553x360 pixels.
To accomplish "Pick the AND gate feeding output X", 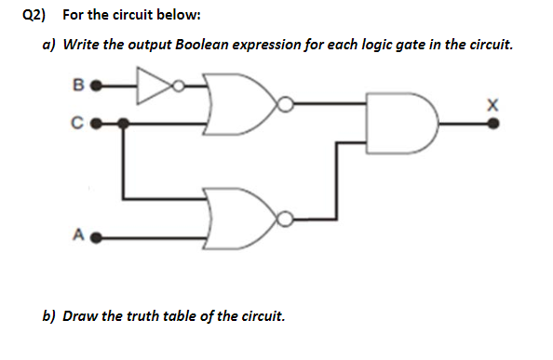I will tap(401, 120).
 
